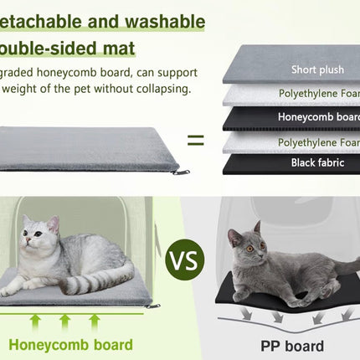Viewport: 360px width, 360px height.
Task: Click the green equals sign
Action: [195, 140]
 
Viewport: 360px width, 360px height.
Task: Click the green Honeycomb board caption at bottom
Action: [70, 344]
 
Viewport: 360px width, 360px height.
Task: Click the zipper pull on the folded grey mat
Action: [180, 172]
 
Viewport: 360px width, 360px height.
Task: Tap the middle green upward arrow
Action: [64, 321]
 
